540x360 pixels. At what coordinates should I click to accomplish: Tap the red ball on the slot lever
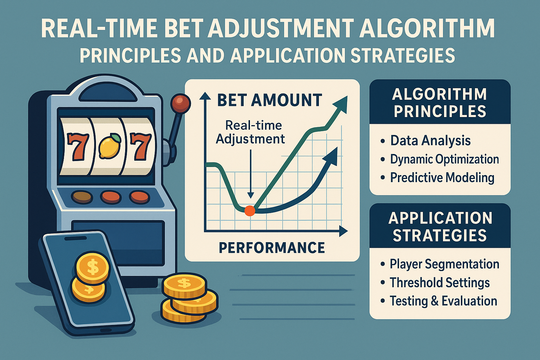(180, 103)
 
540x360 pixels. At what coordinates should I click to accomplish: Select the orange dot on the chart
(250, 211)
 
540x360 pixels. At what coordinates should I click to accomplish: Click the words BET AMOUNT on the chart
(270, 100)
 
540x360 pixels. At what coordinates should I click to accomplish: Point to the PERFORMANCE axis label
(272, 248)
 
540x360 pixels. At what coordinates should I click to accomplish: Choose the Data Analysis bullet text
(430, 141)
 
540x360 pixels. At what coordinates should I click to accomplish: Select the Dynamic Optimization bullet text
(444, 159)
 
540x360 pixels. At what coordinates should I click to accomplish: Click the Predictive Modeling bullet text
(442, 178)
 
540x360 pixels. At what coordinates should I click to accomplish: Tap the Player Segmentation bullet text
(444, 264)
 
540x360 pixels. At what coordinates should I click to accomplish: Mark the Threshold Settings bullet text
(440, 283)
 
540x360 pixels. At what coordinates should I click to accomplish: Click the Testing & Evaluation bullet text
(443, 301)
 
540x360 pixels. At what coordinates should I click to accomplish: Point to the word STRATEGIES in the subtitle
(403, 55)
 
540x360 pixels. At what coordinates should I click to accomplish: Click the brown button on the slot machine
(82, 197)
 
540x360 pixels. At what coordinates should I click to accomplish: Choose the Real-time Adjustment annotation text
(250, 133)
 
